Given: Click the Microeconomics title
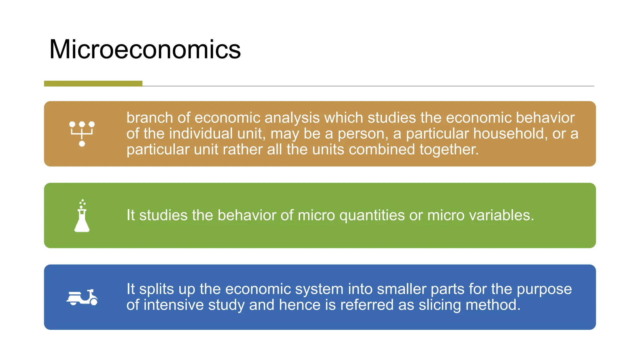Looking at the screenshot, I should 145,49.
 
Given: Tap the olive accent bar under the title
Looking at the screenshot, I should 93,83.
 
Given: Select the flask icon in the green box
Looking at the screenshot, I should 82,216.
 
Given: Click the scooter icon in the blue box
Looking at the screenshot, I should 82,297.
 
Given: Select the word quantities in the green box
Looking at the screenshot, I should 372,216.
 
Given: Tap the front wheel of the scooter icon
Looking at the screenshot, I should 93,301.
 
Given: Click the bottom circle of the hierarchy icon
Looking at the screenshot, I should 82,144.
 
